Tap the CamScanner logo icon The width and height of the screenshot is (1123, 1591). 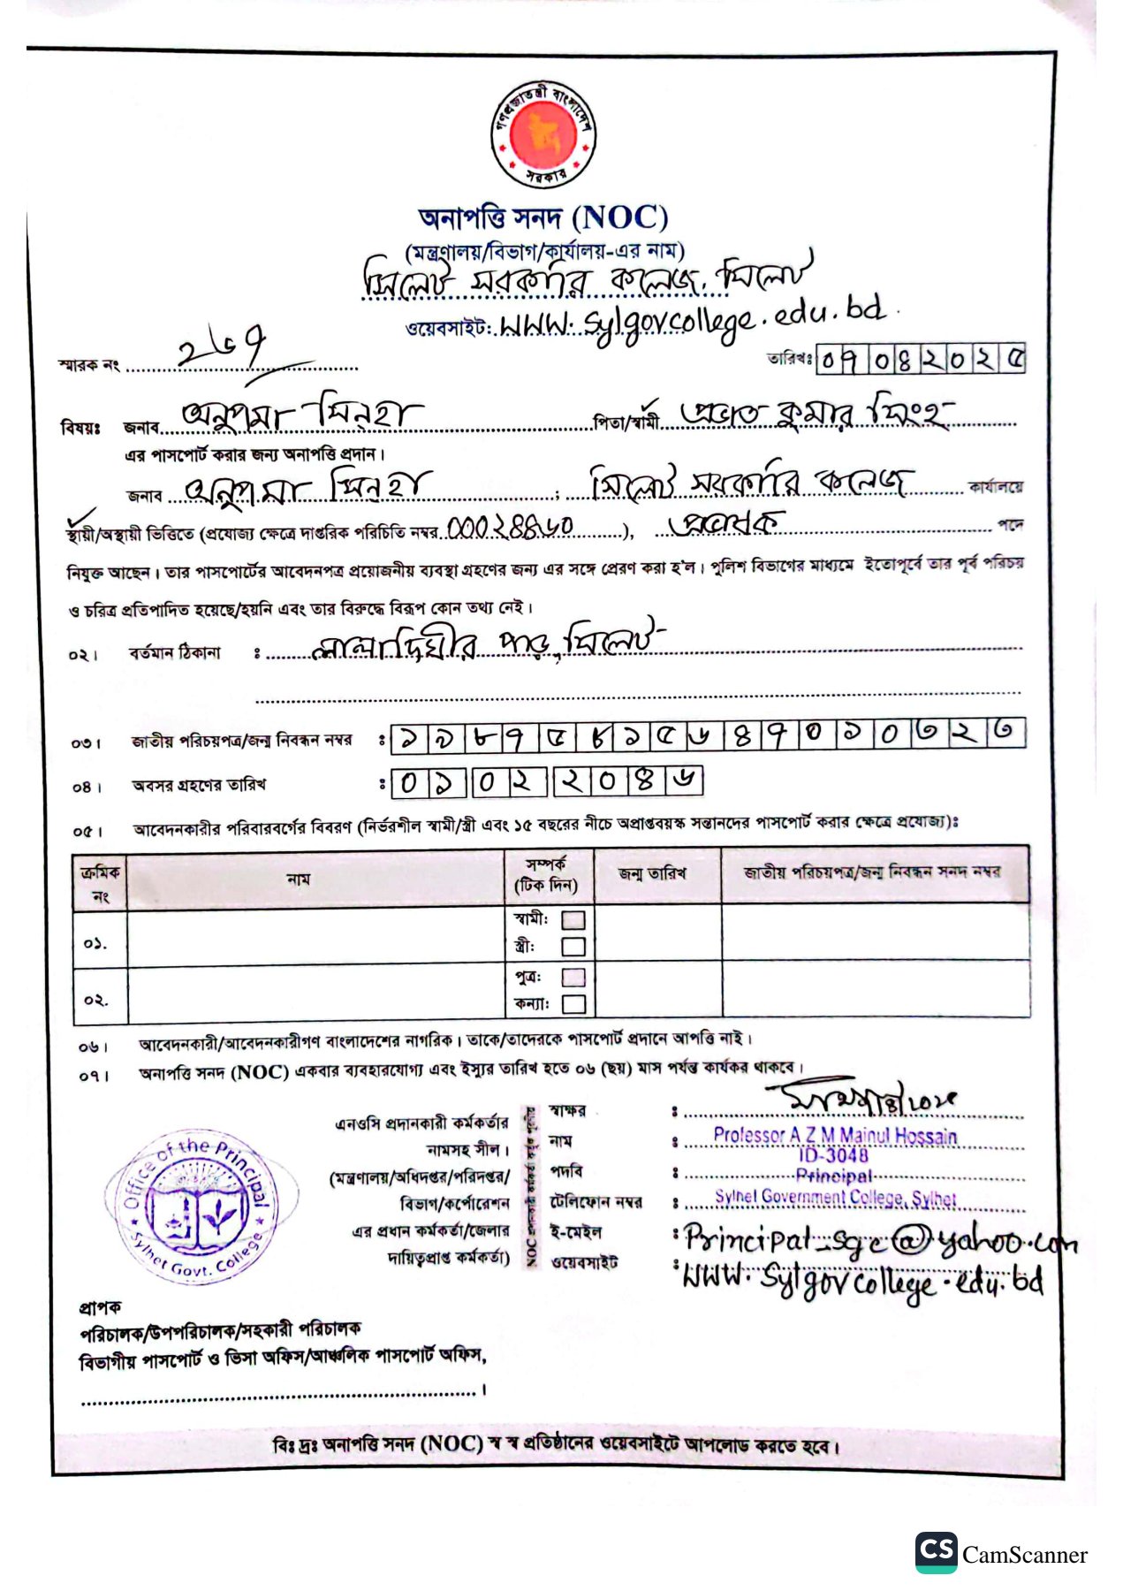click(936, 1552)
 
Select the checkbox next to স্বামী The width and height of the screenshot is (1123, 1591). click(573, 920)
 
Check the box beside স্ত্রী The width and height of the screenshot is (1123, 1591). click(573, 947)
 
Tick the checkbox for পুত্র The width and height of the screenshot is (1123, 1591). click(573, 977)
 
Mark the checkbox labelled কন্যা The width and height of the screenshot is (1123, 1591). click(573, 1003)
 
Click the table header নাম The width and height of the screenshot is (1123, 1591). click(299, 879)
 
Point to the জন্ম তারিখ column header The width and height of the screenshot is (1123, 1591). click(653, 874)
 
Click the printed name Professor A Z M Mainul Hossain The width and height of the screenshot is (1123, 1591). click(835, 1136)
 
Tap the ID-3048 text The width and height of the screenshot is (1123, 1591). click(833, 1155)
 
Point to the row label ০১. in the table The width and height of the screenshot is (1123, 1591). click(96, 943)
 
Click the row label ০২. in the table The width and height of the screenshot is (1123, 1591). click(96, 1001)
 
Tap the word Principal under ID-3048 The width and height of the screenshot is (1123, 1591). click(833, 1176)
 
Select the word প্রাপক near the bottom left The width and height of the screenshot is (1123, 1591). click(100, 1306)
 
